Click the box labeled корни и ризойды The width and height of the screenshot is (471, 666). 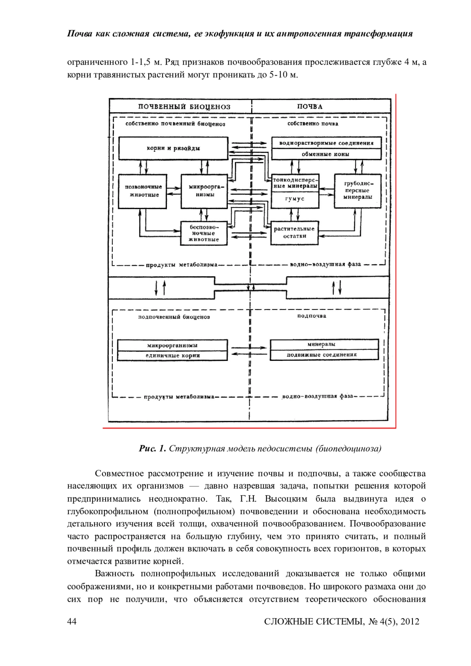point(173,148)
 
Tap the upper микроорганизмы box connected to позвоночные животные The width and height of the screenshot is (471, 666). point(204,191)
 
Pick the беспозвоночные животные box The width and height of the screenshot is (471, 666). point(204,233)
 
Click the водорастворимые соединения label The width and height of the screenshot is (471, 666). point(326,143)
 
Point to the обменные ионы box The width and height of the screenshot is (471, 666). point(326,154)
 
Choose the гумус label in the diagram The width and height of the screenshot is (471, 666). point(294,199)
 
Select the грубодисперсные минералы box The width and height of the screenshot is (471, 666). point(358,191)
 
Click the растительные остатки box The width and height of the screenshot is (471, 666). point(294,233)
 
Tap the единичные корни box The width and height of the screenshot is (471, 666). point(173,356)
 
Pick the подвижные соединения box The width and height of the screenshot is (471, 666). point(324,355)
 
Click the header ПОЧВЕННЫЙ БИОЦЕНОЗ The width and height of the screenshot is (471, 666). point(184,107)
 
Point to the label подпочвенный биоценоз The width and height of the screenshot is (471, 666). point(173,317)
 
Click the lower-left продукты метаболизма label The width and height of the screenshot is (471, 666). point(179,397)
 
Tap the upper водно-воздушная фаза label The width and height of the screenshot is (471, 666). point(325,264)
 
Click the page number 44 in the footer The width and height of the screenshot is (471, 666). point(72,621)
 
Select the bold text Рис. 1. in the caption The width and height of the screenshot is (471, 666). point(153,449)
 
